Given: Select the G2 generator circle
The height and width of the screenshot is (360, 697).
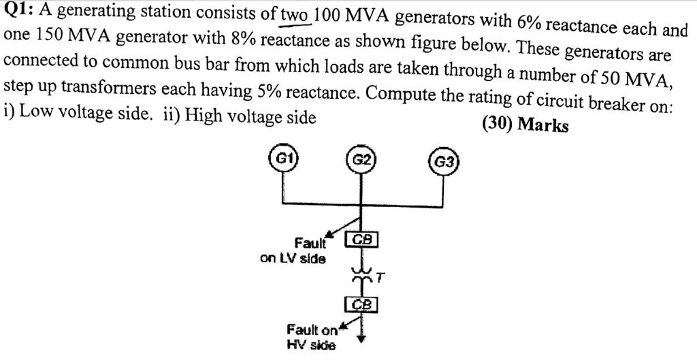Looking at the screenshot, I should (x=361, y=160).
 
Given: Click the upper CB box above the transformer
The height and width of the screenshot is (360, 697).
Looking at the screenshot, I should (x=361, y=239).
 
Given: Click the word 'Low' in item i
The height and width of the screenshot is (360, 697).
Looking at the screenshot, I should (x=33, y=113).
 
